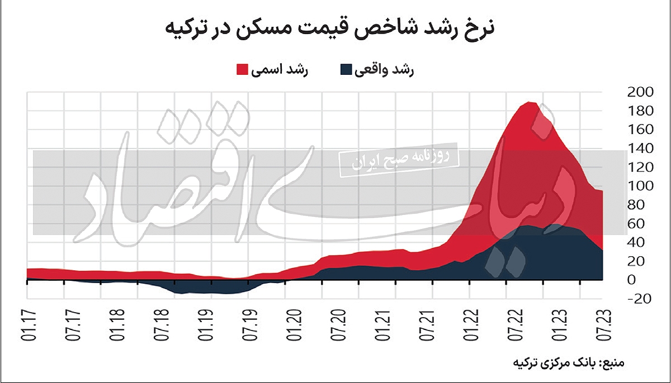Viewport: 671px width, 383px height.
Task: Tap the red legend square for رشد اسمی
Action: click(242, 69)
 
